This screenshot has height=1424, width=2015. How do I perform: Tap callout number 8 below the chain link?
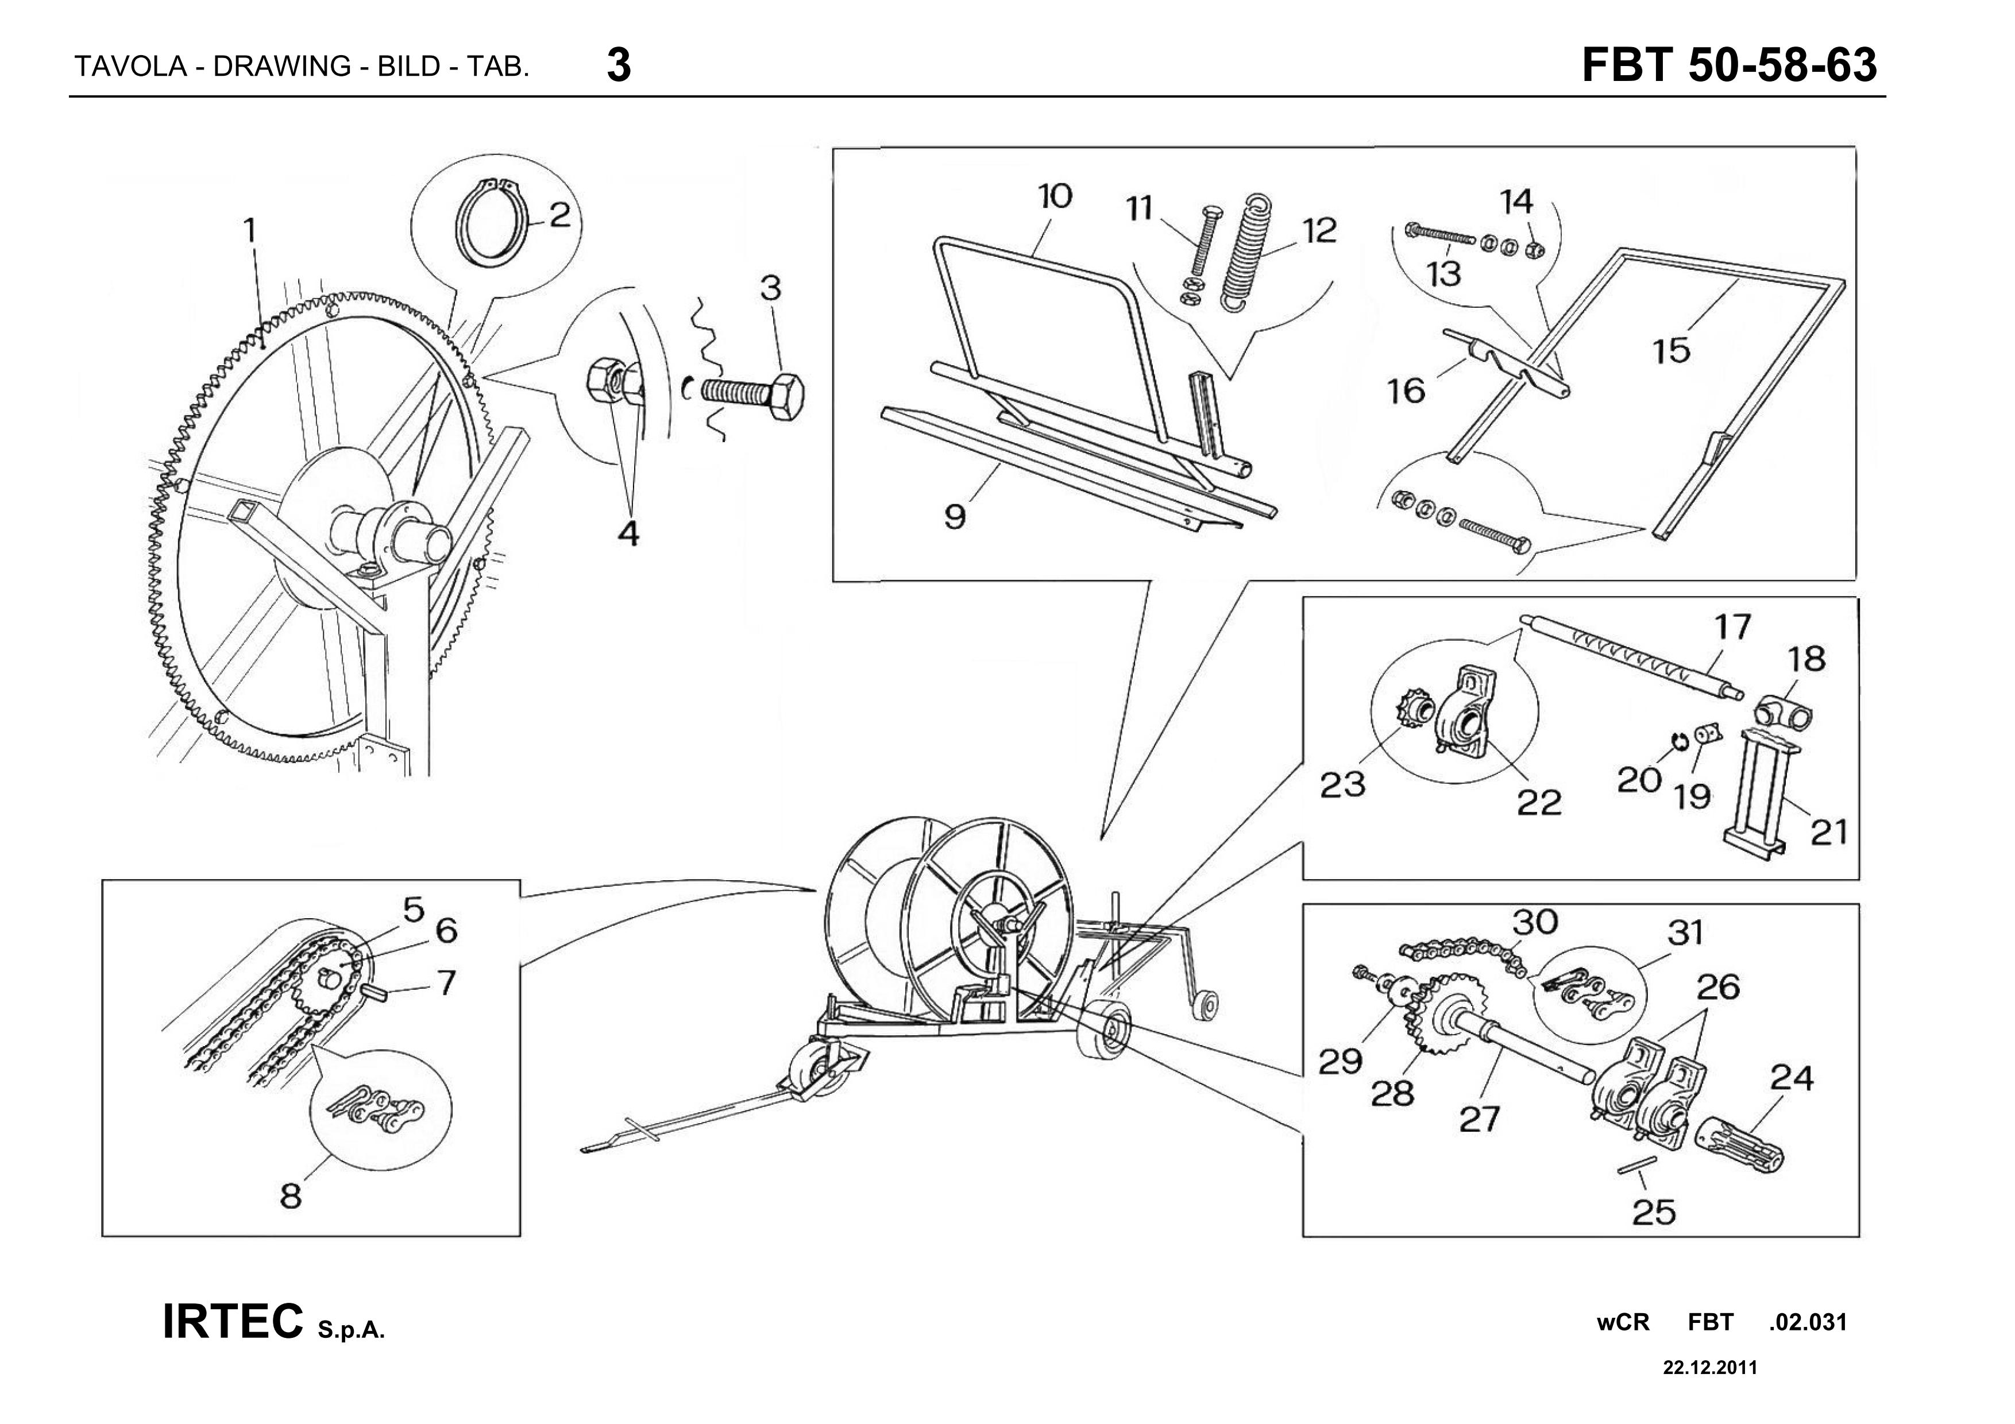291,1195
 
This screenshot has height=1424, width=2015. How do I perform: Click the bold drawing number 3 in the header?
618,66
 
